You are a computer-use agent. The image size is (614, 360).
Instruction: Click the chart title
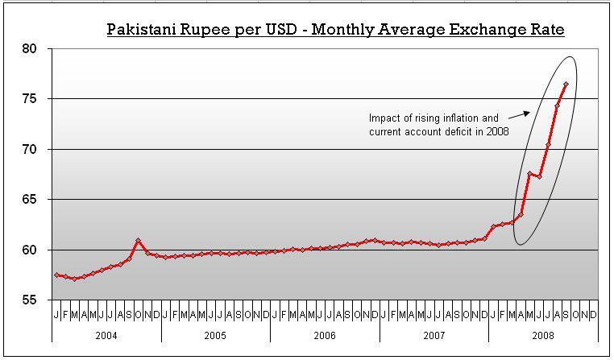pyautogui.click(x=336, y=30)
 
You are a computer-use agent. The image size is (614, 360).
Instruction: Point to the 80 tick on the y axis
pyautogui.click(x=31, y=49)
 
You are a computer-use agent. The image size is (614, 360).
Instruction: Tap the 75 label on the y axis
pyautogui.click(x=31, y=99)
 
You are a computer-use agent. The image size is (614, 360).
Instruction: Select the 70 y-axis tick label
pyautogui.click(x=31, y=150)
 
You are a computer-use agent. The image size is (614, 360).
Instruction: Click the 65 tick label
pyautogui.click(x=31, y=200)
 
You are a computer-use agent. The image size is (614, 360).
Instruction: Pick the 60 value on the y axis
pyautogui.click(x=31, y=250)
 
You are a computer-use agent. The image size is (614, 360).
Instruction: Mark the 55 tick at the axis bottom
pyautogui.click(x=31, y=300)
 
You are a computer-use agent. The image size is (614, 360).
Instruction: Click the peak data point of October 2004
pyautogui.click(x=139, y=240)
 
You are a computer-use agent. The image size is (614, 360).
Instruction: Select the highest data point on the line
pyautogui.click(x=566, y=84)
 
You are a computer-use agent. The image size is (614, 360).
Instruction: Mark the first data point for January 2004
pyautogui.click(x=56, y=275)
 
